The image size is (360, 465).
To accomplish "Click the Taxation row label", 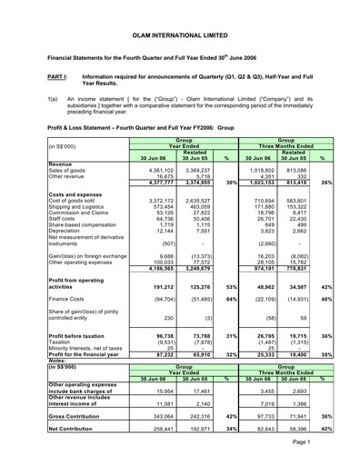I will pyautogui.click(x=36, y=344).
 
